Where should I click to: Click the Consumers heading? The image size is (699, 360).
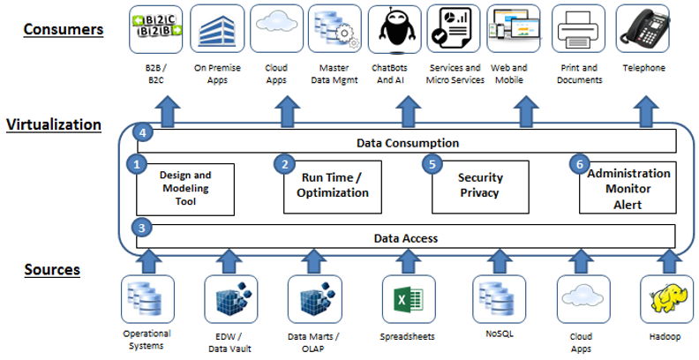click(x=63, y=29)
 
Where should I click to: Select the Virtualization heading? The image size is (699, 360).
click(x=66, y=124)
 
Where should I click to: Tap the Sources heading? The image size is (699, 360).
click(x=51, y=269)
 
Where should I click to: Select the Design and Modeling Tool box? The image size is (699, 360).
click(x=185, y=188)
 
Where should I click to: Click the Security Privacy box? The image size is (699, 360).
click(x=479, y=186)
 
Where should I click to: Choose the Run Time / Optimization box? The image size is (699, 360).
click(x=332, y=186)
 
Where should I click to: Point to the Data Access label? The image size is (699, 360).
click(x=405, y=238)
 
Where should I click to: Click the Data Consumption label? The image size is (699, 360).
click(x=405, y=142)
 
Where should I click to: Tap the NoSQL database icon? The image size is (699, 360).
click(x=492, y=298)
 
